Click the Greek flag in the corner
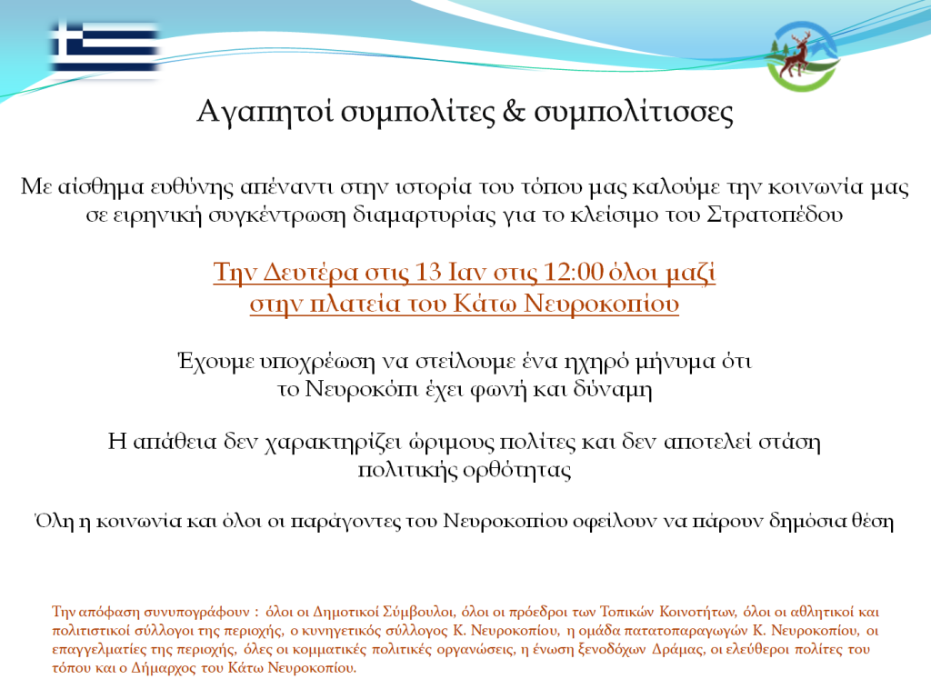click(x=105, y=49)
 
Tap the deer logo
click(x=802, y=56)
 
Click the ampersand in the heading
click(x=514, y=111)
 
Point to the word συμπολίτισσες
click(x=634, y=113)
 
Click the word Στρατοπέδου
click(x=775, y=215)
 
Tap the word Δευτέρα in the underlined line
click(x=311, y=273)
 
